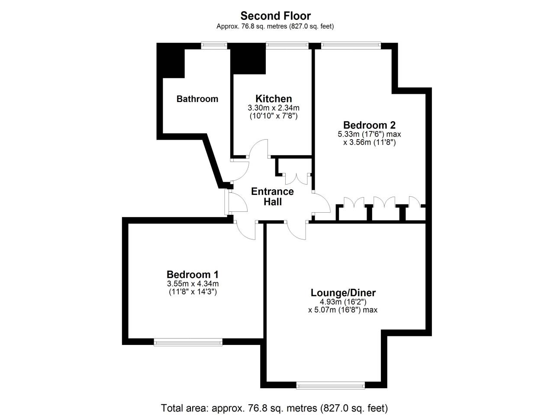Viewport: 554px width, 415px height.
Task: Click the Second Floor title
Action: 275,16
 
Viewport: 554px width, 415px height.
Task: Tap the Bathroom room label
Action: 197,99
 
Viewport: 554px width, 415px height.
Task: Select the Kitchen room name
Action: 274,98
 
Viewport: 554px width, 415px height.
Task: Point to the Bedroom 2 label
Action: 369,125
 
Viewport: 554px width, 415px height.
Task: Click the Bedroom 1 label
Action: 193,274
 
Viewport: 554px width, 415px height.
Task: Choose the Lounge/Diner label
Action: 343,293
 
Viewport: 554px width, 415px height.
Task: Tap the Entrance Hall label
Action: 273,197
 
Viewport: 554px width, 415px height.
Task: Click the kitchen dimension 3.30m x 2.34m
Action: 274,108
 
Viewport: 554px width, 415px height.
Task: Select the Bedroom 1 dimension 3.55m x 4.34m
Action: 193,284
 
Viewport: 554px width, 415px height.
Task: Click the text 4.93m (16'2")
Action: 343,302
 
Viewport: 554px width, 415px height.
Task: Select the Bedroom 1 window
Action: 188,342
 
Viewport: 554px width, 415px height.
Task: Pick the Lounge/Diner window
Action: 331,386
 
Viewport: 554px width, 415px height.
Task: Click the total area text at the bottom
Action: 274,408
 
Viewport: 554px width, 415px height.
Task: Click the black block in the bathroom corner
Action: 171,61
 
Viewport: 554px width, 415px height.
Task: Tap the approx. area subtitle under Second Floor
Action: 275,26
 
